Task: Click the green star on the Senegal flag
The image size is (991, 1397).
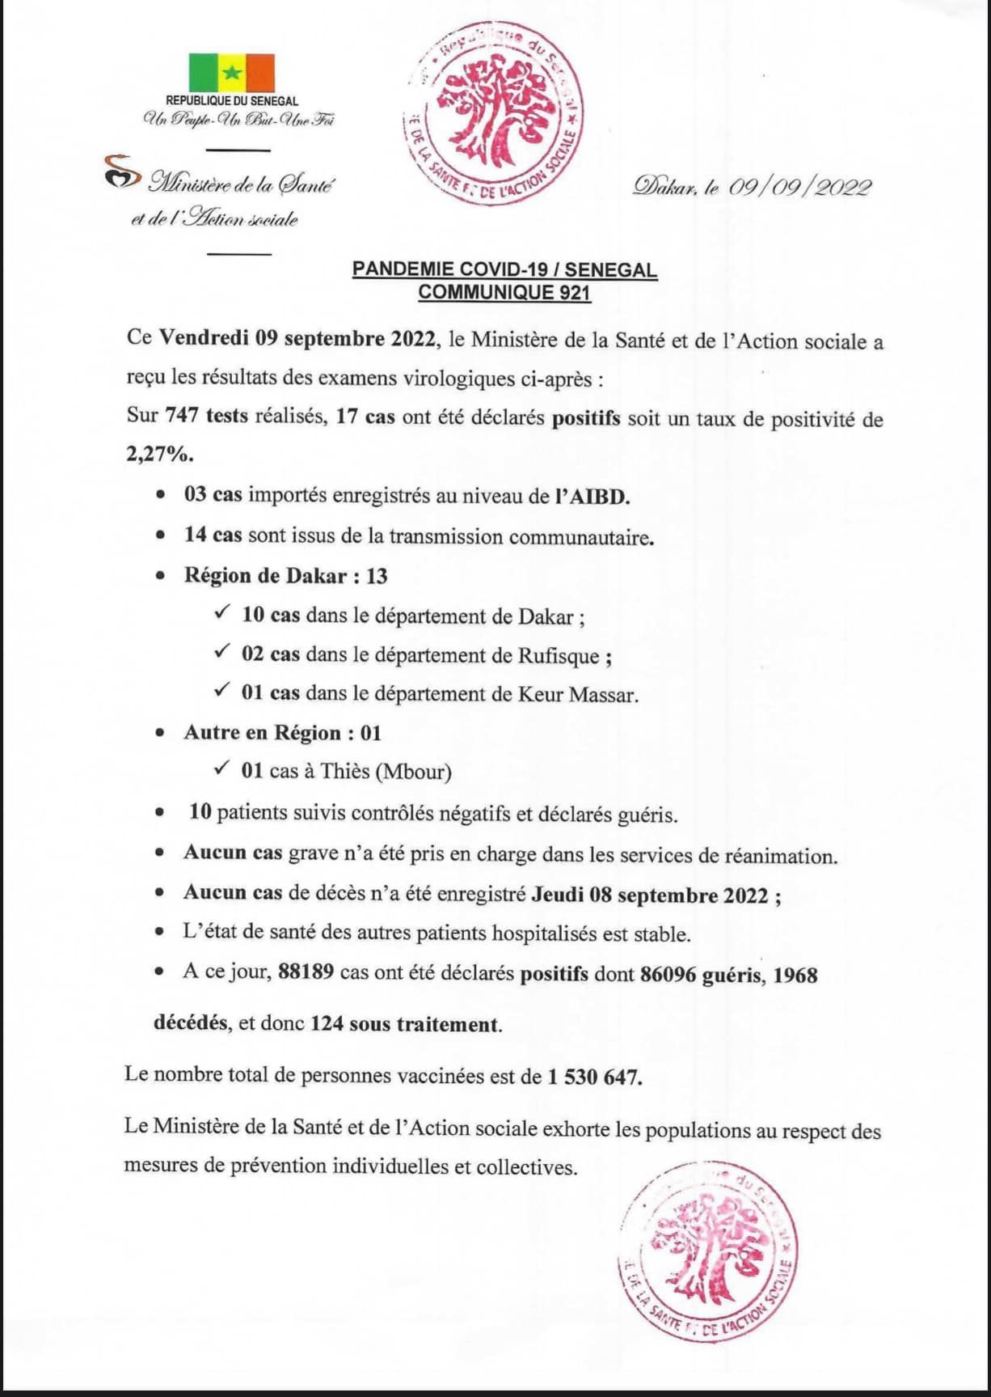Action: pos(232,72)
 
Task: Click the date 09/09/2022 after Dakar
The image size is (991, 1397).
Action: pos(799,188)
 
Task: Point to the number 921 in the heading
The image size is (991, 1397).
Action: pos(574,292)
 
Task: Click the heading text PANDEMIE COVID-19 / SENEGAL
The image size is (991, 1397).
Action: pos(504,270)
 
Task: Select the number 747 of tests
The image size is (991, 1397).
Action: pos(182,417)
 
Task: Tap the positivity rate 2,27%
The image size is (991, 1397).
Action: pos(159,454)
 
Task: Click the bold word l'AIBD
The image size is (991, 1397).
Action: pos(592,496)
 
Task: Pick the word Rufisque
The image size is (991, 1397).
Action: pos(558,655)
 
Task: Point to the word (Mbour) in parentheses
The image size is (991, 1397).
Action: pos(414,772)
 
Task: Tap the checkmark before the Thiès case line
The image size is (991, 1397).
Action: pos(221,769)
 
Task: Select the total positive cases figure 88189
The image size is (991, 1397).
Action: pos(306,972)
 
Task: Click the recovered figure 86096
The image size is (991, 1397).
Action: pos(668,974)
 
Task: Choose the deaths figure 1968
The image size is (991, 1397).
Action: pos(795,975)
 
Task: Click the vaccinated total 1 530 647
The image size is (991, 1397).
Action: pos(594,1077)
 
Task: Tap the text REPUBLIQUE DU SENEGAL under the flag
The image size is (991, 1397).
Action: pos(232,101)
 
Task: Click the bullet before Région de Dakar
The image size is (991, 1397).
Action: pos(162,577)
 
